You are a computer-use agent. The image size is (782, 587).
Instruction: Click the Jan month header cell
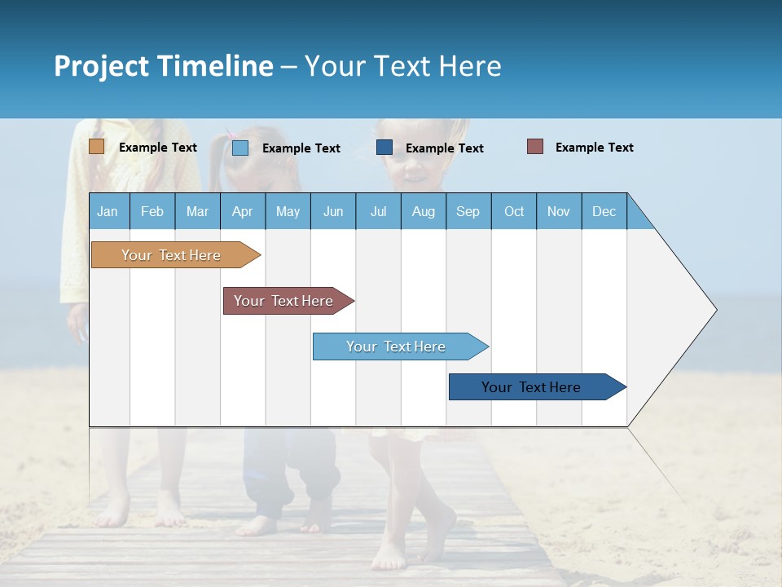pyautogui.click(x=108, y=211)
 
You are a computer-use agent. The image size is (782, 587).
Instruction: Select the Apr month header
pyautogui.click(x=243, y=211)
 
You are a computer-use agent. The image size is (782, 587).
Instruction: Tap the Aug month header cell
pyautogui.click(x=424, y=211)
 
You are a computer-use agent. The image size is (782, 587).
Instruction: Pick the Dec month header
pyautogui.click(x=604, y=211)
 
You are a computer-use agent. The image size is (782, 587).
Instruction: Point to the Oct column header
pyautogui.click(x=514, y=211)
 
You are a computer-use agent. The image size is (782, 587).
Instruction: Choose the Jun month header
pyautogui.click(x=333, y=211)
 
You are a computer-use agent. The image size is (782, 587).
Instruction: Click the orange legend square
pyautogui.click(x=97, y=147)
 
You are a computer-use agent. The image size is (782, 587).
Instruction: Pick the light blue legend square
pyautogui.click(x=240, y=148)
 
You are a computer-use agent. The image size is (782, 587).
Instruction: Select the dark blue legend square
pyautogui.click(x=384, y=148)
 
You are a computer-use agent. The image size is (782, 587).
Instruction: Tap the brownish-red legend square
pyautogui.click(x=535, y=147)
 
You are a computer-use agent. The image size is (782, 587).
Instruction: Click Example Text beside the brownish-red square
pyautogui.click(x=594, y=148)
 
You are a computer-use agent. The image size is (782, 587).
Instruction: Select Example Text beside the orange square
pyautogui.click(x=158, y=148)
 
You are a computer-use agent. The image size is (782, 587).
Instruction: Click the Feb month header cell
pyautogui.click(x=152, y=211)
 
